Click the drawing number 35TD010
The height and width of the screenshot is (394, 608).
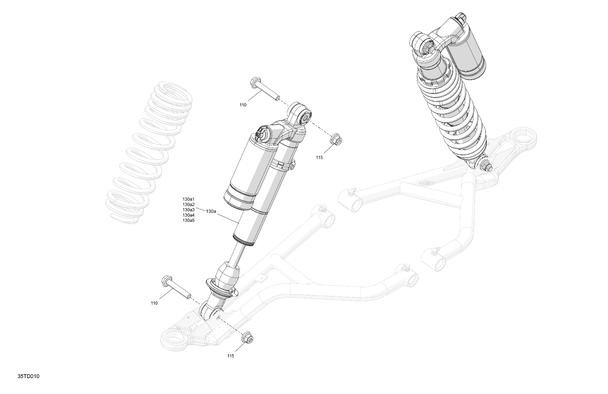28,376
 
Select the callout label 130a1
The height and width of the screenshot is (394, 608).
189,199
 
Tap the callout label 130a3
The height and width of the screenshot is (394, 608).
189,210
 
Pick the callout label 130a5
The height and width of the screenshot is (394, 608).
189,220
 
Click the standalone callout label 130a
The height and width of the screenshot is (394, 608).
211,211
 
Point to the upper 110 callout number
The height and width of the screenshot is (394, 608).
243,105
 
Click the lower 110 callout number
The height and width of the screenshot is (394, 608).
154,303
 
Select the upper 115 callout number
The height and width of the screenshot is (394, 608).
319,158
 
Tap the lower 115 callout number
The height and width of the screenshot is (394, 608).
230,356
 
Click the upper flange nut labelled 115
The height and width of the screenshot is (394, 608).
336,140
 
